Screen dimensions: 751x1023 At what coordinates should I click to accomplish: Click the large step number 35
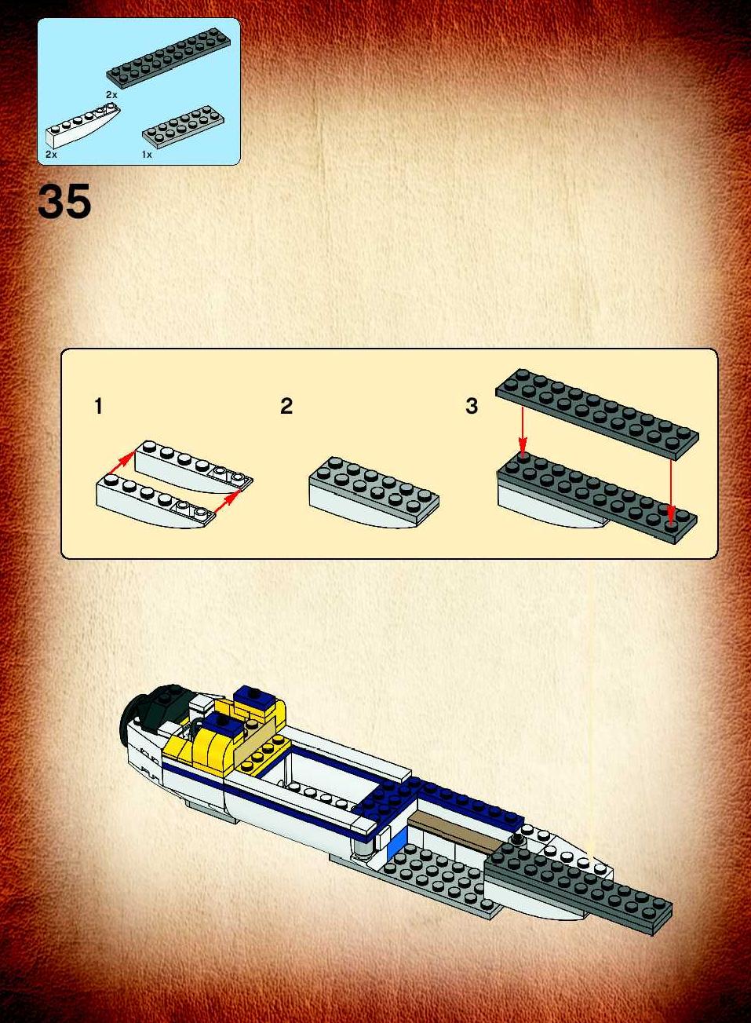[64, 202]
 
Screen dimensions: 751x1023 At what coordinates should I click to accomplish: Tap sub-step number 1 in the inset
[98, 406]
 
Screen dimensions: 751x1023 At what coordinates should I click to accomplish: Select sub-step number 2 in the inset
[286, 406]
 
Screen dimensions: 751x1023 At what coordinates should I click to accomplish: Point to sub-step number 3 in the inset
[472, 406]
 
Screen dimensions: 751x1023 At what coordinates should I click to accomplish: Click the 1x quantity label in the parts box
[147, 155]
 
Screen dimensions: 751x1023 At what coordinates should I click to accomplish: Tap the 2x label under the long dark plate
[111, 95]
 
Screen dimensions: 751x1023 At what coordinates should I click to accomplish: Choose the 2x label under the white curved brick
[51, 155]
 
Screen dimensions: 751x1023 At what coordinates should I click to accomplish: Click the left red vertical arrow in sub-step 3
[523, 432]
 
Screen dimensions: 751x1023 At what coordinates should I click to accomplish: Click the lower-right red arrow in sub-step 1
[228, 502]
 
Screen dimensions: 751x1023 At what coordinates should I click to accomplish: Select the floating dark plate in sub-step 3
[597, 414]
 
